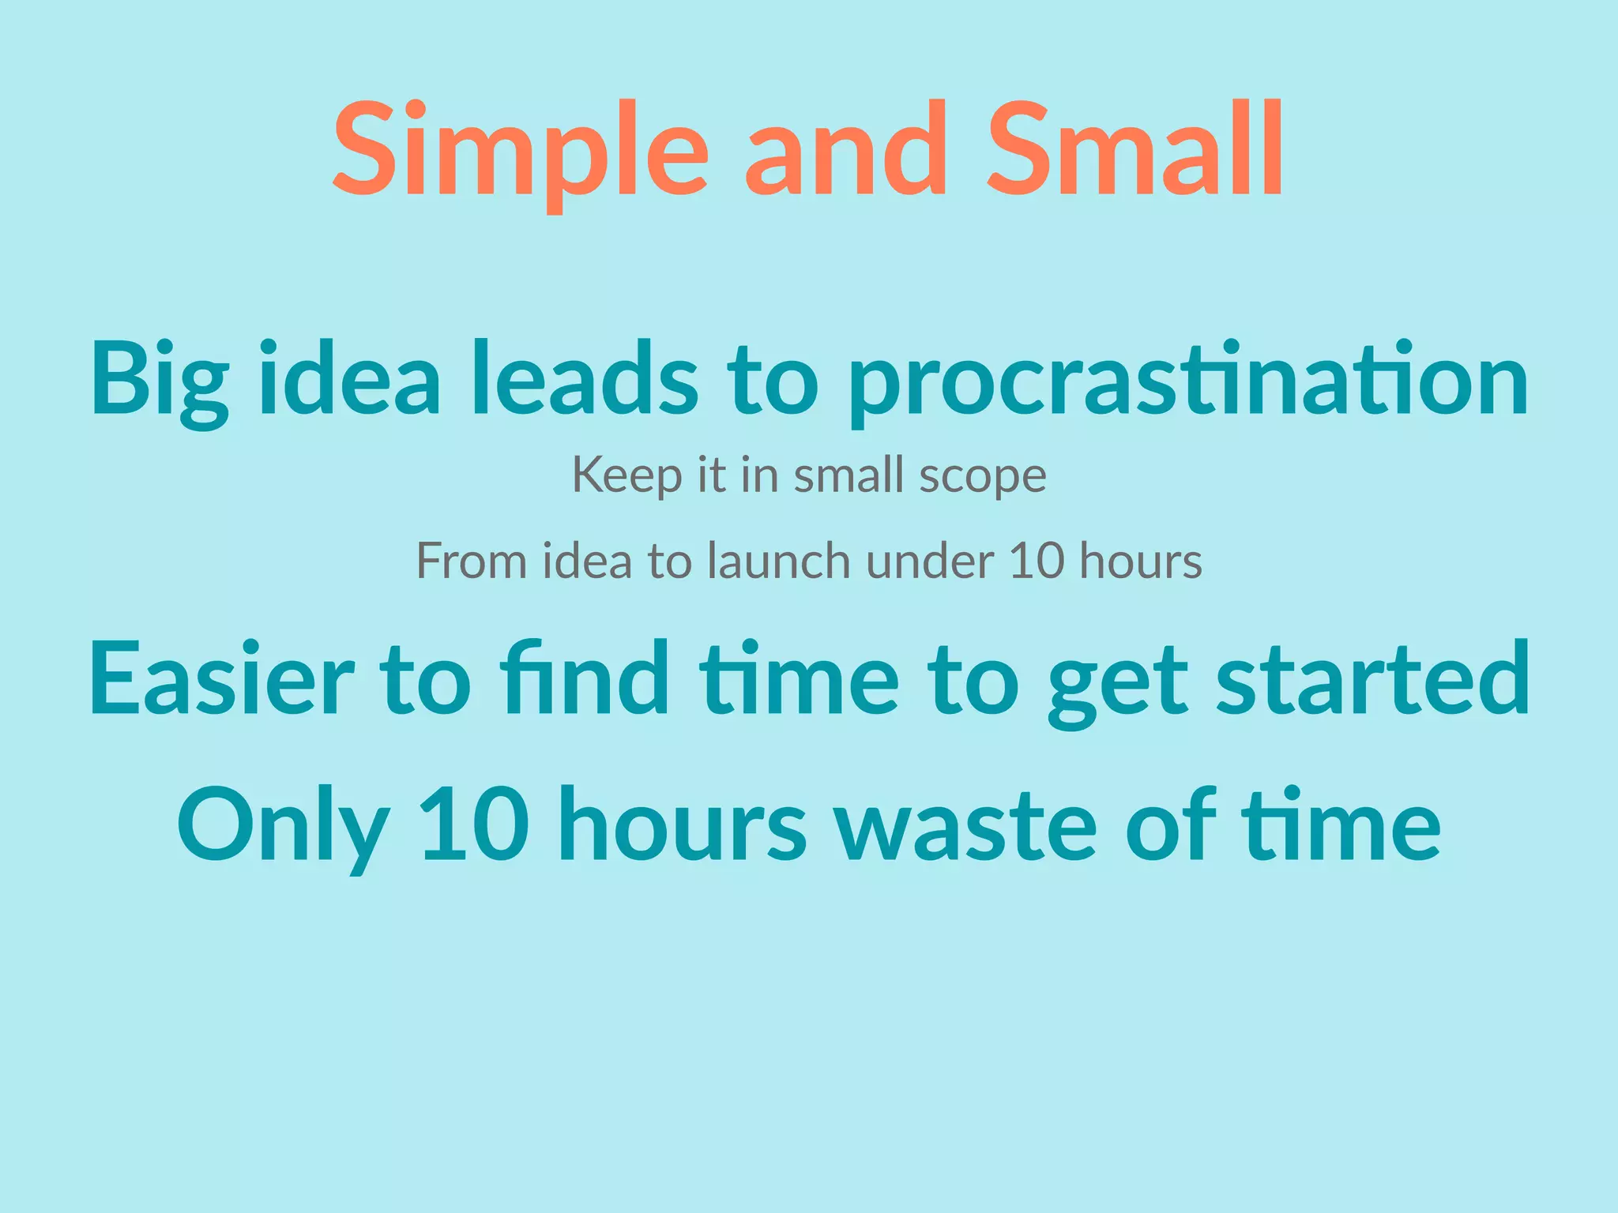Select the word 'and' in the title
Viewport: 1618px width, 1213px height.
point(845,150)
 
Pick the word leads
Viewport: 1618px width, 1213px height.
point(585,377)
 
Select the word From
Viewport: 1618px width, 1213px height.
point(471,561)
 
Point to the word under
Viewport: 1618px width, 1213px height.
point(929,561)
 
